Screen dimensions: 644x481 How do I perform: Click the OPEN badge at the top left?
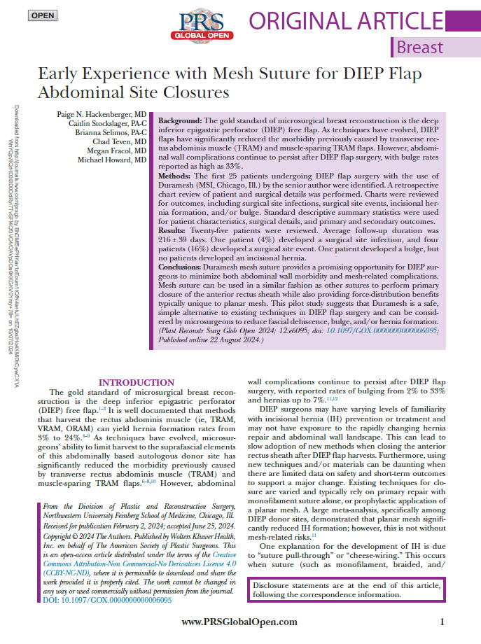click(42, 15)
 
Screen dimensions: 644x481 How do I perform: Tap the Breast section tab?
click(420, 47)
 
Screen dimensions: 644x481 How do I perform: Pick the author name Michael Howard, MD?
click(112, 160)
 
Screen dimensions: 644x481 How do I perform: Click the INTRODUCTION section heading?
click(137, 382)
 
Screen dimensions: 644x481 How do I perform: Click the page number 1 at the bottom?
click(442, 622)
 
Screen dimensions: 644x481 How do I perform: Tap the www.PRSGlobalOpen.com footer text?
click(239, 622)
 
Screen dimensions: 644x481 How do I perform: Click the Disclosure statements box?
click(348, 589)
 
